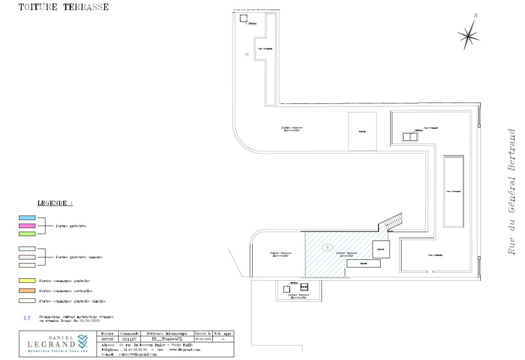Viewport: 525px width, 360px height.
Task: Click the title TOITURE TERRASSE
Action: click(x=64, y=7)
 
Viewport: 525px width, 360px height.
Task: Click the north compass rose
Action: click(x=469, y=36)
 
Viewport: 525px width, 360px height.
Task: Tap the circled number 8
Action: click(x=327, y=248)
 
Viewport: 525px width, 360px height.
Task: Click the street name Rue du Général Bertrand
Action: click(x=511, y=191)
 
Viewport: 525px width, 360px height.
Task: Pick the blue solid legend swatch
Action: click(x=27, y=218)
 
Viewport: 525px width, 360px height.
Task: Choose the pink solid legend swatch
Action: click(x=27, y=226)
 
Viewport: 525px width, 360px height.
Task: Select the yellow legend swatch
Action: click(x=27, y=281)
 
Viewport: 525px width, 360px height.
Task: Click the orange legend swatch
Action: click(x=27, y=291)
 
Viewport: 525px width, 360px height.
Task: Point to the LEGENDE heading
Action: click(x=55, y=203)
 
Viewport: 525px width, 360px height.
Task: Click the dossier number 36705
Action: click(x=107, y=339)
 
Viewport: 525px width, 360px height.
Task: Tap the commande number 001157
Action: click(x=129, y=339)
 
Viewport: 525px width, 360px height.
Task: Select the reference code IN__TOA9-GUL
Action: click(x=167, y=339)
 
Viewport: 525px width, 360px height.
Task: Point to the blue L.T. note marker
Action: click(x=27, y=318)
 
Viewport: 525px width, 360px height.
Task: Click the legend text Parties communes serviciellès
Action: click(x=66, y=291)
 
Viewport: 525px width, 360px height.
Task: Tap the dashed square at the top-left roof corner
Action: click(x=244, y=18)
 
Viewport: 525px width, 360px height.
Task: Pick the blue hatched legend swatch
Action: click(x=27, y=249)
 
